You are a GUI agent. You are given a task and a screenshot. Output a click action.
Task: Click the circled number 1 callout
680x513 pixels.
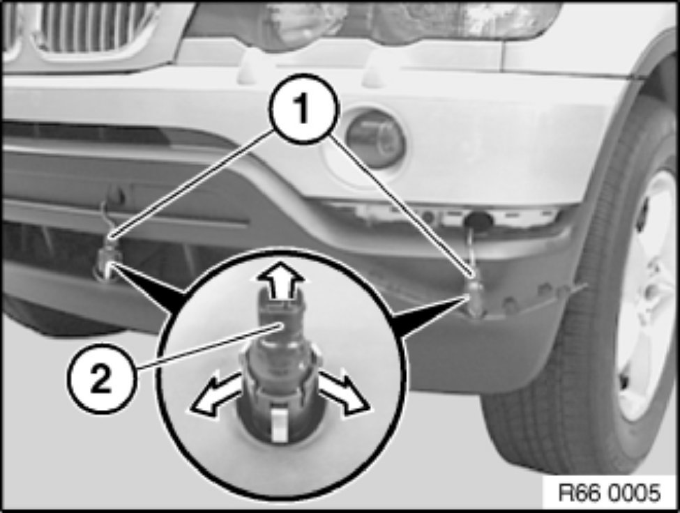click(x=302, y=109)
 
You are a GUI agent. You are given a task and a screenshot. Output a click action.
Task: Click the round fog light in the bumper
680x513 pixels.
click(x=375, y=138)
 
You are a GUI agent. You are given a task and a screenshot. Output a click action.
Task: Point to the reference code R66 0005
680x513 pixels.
click(x=609, y=493)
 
